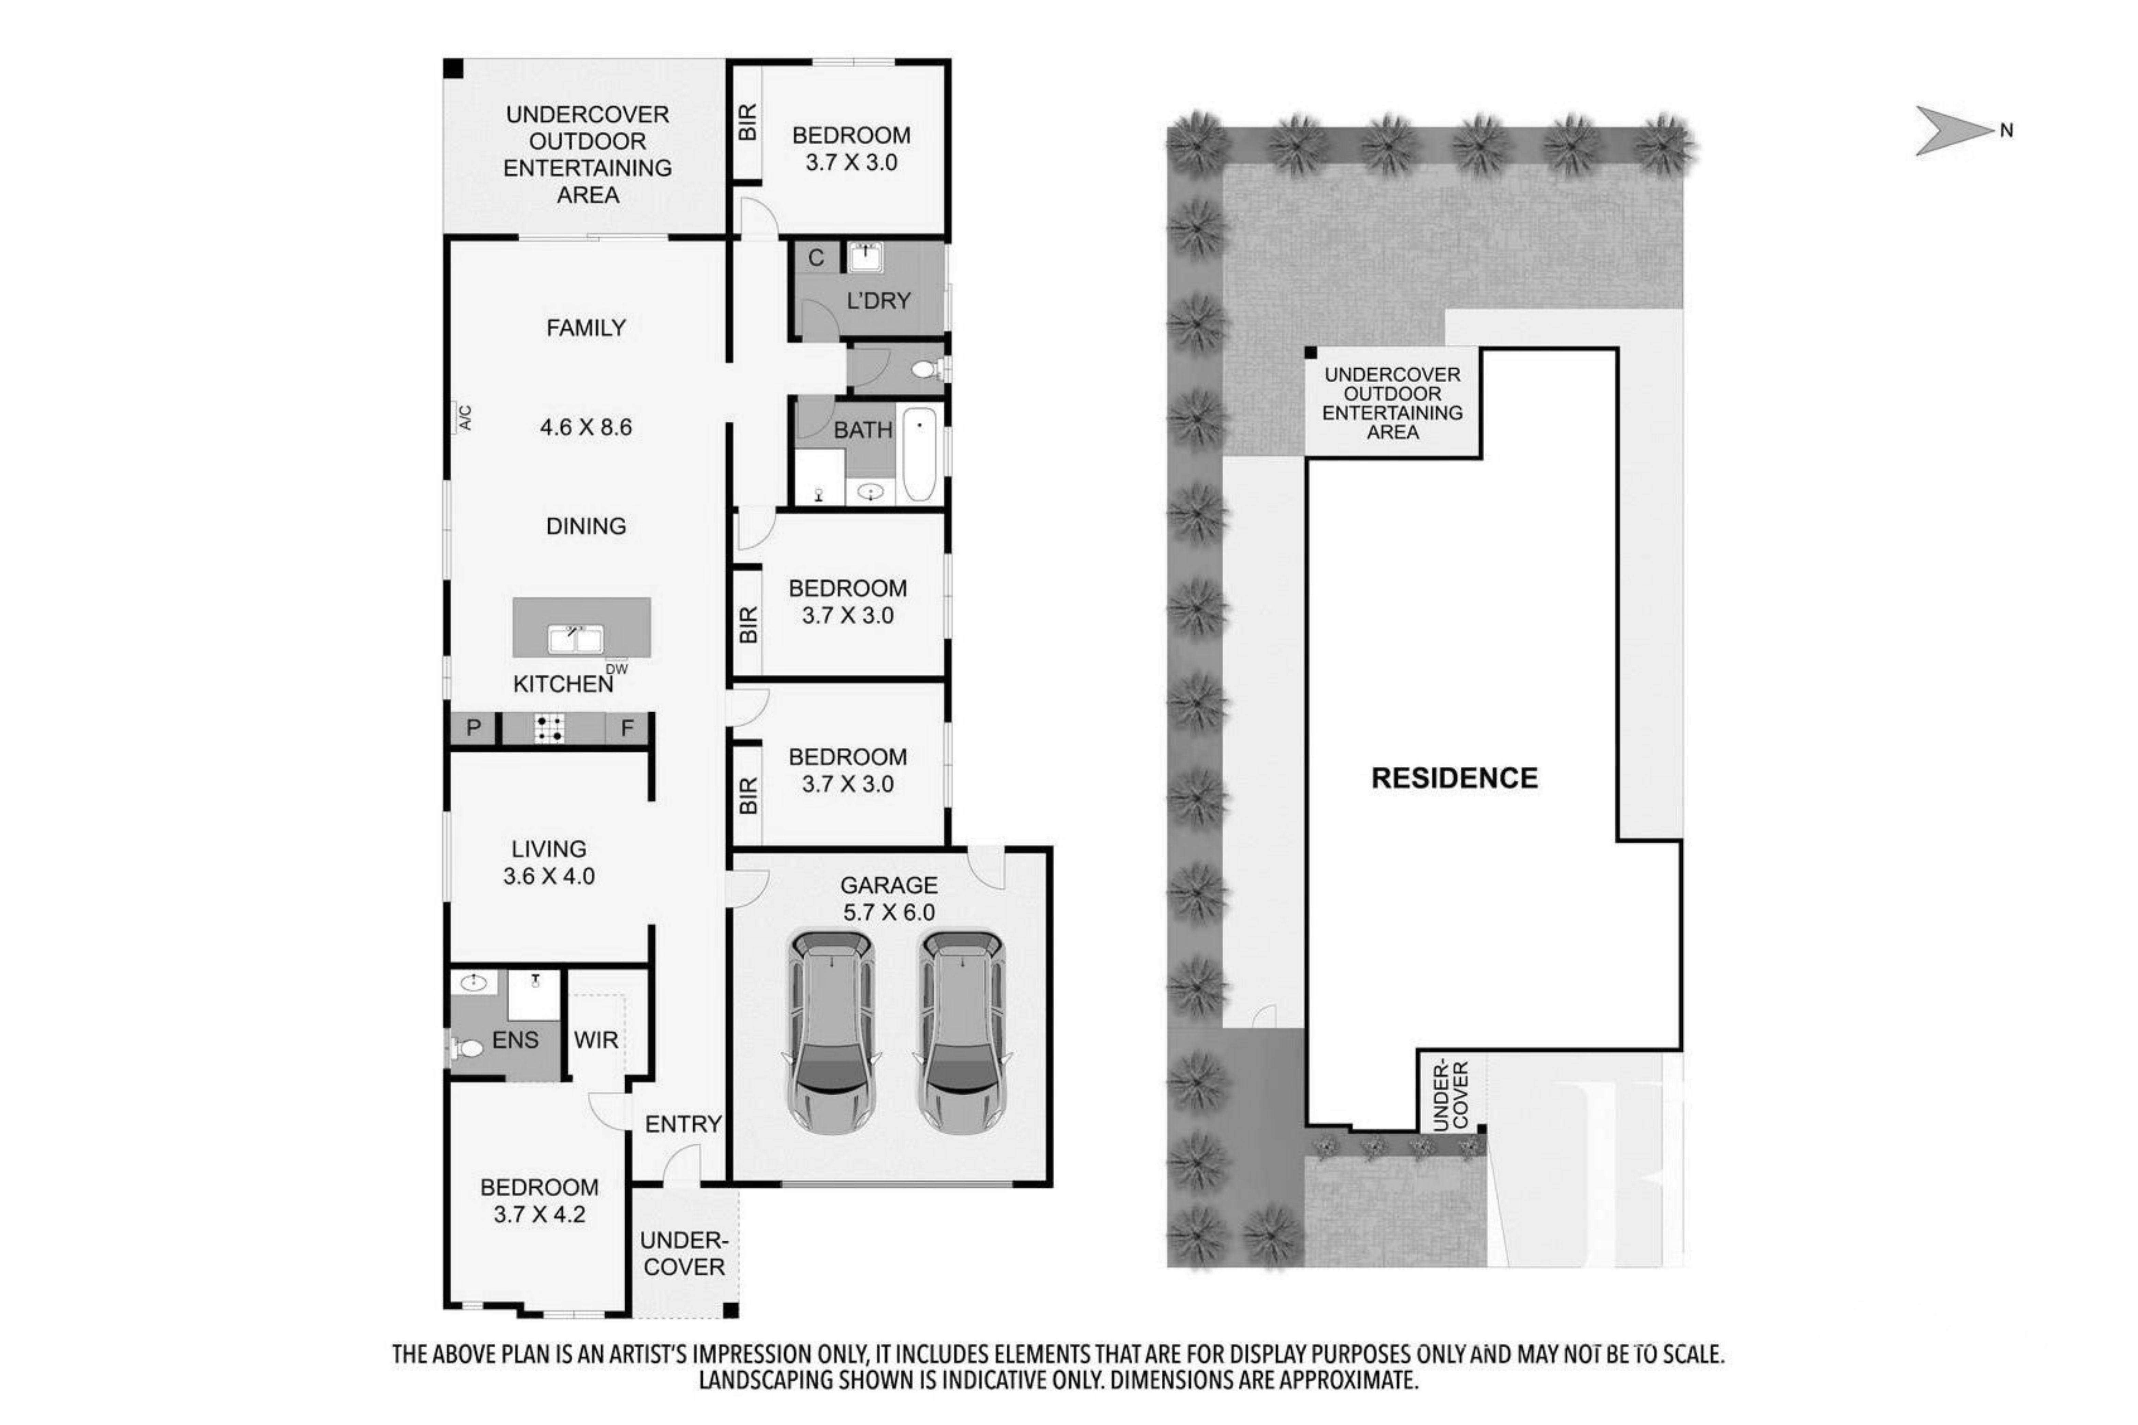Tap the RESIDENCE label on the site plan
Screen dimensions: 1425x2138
pos(1455,778)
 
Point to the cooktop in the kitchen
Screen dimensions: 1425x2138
pos(549,728)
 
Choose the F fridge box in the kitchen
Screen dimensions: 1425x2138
pos(627,728)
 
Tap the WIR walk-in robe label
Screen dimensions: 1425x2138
pos(596,1040)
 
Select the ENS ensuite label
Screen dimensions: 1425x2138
pos(516,1040)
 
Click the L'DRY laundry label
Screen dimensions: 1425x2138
pos(878,301)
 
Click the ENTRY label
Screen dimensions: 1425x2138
pos(683,1124)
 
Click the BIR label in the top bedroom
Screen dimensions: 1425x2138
pos(747,122)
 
